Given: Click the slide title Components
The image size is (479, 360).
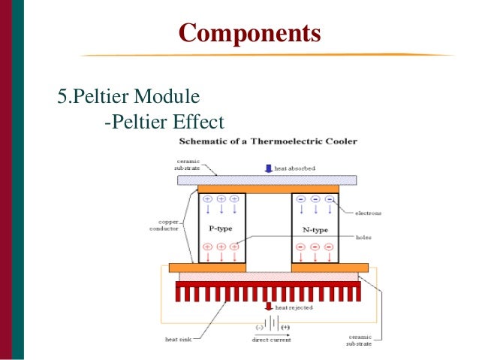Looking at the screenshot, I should click(249, 34).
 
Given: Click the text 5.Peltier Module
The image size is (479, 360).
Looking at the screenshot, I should click(128, 97).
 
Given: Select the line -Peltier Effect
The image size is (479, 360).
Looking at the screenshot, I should click(164, 122).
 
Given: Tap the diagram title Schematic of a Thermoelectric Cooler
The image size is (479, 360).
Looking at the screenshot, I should click(267, 141).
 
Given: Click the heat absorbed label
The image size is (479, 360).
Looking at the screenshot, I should click(294, 169).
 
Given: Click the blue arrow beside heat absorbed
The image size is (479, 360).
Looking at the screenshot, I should click(268, 169).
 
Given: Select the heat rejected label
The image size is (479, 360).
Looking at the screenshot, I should click(294, 307).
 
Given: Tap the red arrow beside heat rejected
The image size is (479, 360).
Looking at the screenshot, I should click(268, 306).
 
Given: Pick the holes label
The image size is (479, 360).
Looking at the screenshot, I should click(363, 237).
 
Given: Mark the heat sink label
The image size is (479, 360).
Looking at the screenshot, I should click(178, 339).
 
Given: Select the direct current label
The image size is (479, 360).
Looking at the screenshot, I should click(270, 340).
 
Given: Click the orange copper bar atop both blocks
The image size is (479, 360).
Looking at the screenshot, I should click(267, 189).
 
